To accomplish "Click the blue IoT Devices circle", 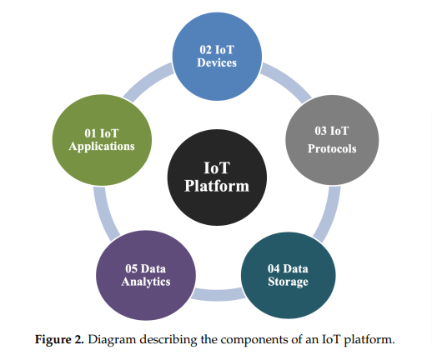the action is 217,57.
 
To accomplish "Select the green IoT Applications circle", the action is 102,140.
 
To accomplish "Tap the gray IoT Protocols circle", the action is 332,140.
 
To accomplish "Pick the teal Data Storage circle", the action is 289,275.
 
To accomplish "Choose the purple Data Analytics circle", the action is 146,275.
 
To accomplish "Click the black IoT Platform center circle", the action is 217,177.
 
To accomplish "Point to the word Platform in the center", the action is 217,186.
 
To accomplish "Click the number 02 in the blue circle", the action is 205,50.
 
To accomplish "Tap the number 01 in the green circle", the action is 91,133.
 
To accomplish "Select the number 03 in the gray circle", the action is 320,131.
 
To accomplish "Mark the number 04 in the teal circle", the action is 274,268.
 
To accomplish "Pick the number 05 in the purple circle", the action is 131,268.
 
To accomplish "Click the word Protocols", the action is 332,148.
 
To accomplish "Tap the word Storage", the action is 289,282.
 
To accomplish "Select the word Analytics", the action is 146,282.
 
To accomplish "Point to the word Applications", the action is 102,147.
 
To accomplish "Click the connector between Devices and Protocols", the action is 288,81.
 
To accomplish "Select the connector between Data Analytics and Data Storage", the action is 219,295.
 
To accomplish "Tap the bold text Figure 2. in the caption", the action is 59,339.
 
